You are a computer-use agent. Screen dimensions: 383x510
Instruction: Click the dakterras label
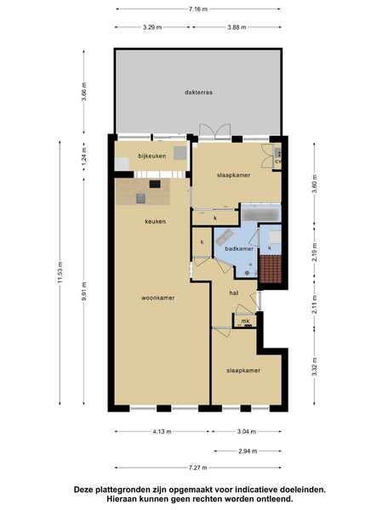coord(198,93)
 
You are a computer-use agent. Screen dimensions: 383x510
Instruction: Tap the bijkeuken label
coord(152,156)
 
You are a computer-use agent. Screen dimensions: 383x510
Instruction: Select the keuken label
coord(156,222)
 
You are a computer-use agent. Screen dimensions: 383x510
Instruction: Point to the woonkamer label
coord(158,298)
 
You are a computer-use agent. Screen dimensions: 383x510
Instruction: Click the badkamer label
coord(239,249)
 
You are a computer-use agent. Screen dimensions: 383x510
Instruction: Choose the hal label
coord(234,293)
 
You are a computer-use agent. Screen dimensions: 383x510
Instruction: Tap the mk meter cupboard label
coord(246,321)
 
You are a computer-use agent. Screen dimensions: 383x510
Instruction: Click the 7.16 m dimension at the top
coord(198,9)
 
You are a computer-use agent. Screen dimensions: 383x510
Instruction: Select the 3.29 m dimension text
coord(152,27)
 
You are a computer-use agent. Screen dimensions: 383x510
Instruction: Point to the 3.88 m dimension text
coord(237,27)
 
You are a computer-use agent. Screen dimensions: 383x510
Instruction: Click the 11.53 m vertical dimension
coord(60,272)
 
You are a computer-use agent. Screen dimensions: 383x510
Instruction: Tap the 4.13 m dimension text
coord(162,432)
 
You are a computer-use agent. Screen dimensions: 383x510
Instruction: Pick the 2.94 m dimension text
coord(248,451)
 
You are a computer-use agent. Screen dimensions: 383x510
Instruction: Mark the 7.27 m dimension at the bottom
coord(198,468)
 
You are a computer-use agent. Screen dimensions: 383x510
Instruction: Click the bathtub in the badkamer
coord(261,213)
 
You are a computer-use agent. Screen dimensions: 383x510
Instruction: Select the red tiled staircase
coord(271,269)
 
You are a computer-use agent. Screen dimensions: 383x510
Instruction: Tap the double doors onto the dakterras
coord(215,132)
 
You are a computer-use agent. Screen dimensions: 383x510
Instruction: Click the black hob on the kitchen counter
coord(155,184)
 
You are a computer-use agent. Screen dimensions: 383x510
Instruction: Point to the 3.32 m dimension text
coord(315,366)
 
